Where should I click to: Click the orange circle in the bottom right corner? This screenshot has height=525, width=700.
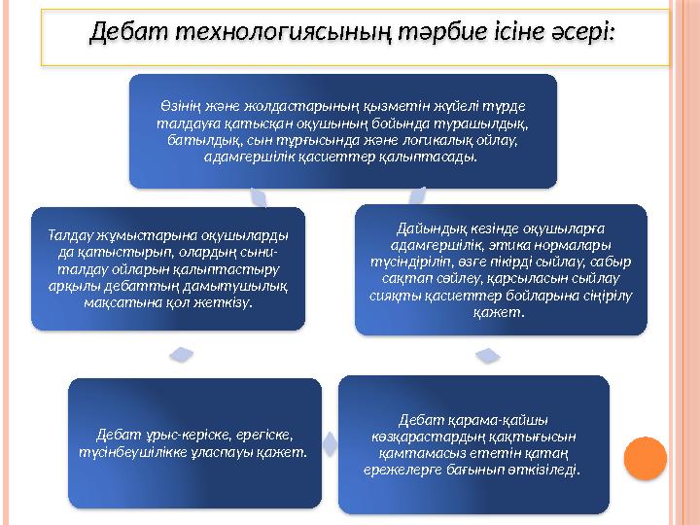(x=644, y=456)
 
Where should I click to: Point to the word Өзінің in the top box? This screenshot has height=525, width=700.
(x=181, y=105)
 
